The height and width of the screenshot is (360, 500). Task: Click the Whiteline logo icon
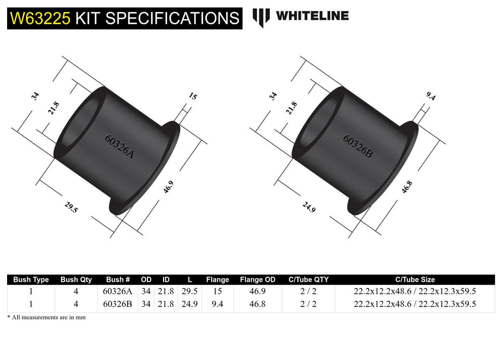point(262,17)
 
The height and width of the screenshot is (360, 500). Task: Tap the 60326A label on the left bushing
point(119,146)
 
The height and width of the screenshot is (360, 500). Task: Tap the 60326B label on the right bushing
point(358,146)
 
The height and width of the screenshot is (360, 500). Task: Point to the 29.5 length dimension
point(71,207)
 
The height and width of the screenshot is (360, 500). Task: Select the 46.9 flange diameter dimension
point(169,188)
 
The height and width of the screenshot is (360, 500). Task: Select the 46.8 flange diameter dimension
point(407,187)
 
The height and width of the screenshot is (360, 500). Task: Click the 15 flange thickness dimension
point(193,96)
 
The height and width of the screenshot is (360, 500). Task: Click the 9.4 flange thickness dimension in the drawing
point(430,96)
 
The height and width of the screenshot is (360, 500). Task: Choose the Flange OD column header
point(258,279)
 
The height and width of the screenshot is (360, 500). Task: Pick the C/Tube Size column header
point(415,279)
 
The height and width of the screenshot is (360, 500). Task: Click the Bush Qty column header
point(76,279)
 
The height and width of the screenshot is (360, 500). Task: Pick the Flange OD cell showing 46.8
point(258,304)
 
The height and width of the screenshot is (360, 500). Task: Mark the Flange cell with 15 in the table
point(217,291)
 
